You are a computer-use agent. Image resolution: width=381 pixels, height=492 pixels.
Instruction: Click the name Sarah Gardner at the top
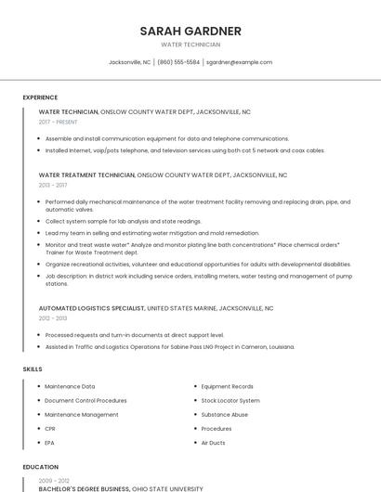[190, 31]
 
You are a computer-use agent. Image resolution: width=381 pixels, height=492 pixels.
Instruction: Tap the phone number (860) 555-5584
[178, 62]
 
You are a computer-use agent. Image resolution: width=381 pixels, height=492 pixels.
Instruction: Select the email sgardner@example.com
[239, 62]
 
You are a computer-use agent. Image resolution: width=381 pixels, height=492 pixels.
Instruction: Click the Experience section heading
[40, 97]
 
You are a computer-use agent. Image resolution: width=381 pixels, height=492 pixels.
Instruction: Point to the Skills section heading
[33, 369]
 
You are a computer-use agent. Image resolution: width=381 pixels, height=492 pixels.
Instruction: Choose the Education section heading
[40, 467]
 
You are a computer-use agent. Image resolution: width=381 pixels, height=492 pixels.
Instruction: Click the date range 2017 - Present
[59, 122]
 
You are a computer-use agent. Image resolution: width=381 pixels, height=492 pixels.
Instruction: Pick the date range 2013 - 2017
[53, 185]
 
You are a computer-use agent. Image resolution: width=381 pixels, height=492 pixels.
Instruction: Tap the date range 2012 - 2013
[53, 317]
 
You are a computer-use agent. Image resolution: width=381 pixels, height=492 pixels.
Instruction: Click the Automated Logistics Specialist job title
[92, 307]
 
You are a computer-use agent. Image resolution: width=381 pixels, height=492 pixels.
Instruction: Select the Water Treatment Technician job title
[86, 175]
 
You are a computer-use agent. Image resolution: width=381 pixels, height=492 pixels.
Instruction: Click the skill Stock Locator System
[230, 400]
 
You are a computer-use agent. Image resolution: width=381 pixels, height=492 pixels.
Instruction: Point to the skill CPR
[50, 429]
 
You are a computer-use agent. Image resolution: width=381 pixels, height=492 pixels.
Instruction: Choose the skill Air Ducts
[213, 443]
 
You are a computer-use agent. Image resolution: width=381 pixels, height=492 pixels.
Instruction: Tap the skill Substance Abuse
[225, 414]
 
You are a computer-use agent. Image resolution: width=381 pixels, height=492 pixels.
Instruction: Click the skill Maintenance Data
[70, 386]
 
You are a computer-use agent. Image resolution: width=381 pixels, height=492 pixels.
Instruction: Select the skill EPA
[50, 443]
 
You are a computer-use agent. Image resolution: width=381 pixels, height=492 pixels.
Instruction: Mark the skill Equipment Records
[227, 386]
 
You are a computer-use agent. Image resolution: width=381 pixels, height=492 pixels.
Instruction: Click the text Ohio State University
[167, 488]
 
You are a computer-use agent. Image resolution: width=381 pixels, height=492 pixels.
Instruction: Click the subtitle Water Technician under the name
[190, 45]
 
